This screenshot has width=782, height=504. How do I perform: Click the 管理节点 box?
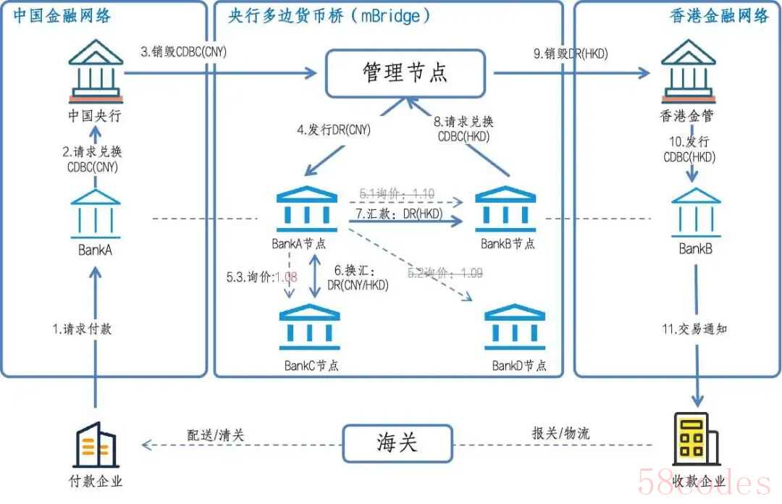404,72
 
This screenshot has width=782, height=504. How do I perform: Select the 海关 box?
398,442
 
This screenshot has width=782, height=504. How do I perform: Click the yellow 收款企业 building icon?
694,439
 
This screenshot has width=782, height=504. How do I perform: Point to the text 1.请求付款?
82,329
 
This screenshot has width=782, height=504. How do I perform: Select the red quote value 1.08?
290,276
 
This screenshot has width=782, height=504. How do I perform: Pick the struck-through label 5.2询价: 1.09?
445,273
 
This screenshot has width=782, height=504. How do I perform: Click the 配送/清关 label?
216,434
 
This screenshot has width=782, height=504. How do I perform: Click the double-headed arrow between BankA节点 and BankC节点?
315,276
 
